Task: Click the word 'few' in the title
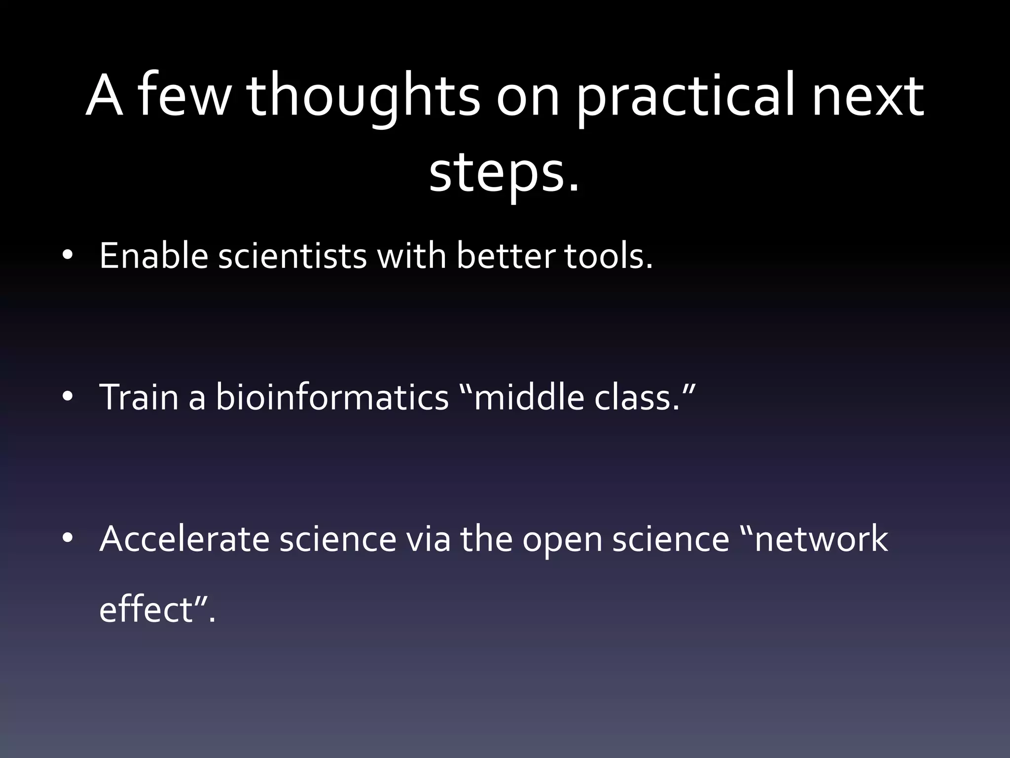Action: coord(183,96)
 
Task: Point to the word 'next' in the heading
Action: coord(868,96)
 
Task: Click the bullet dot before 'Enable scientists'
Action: coord(68,257)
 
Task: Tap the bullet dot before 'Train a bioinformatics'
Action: coord(68,397)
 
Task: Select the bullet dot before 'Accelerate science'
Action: coord(68,538)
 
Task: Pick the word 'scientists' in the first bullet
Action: coord(292,257)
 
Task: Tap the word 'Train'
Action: coord(139,397)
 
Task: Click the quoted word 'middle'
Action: coord(528,397)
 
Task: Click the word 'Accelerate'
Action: coord(184,538)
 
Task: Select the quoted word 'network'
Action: coord(821,538)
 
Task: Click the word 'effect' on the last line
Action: coord(146,610)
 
